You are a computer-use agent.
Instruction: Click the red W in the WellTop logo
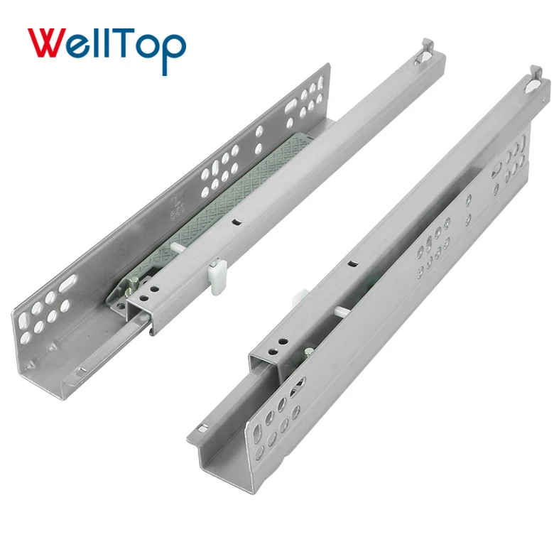click(x=49, y=44)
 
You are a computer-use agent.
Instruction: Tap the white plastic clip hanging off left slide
click(x=217, y=271)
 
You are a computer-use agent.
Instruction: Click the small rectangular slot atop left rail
click(x=234, y=222)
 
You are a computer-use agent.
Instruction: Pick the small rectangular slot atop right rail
click(x=350, y=264)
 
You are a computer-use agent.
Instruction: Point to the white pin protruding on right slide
click(x=341, y=310)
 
